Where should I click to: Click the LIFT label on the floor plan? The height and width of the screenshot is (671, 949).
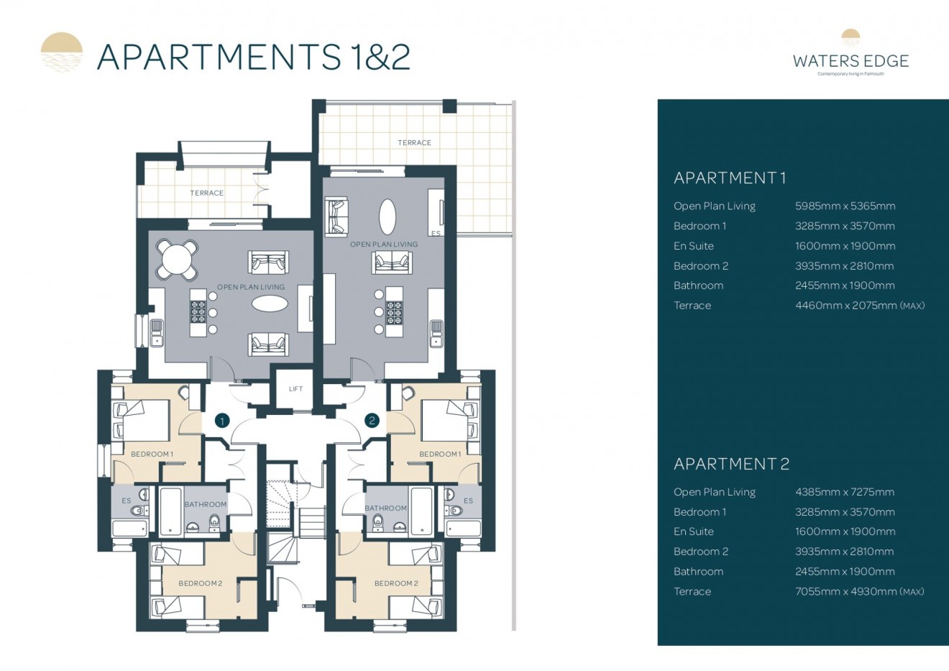[x=295, y=389]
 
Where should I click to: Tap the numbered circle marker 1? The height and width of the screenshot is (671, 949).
[x=222, y=421]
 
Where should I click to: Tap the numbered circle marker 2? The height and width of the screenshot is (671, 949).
[x=372, y=421]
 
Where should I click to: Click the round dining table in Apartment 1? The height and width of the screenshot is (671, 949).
[x=177, y=259]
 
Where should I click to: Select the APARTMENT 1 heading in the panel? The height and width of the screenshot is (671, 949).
[x=730, y=178]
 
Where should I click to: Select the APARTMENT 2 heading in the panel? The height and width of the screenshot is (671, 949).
[x=731, y=465]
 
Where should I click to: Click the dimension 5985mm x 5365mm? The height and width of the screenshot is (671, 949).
[x=845, y=206]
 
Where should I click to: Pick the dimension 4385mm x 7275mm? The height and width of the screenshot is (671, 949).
[x=844, y=493]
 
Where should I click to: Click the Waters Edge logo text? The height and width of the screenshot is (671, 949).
[x=851, y=62]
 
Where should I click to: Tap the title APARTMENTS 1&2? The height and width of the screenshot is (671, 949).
[x=253, y=57]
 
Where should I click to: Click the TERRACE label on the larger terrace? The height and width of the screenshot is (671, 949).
[x=415, y=143]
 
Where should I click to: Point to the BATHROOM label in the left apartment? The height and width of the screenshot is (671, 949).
[x=206, y=505]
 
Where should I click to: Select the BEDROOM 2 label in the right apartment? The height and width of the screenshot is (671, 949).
[x=395, y=583]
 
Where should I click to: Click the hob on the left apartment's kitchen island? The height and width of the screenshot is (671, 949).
[x=198, y=313]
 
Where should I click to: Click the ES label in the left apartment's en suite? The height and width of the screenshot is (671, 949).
[x=127, y=501]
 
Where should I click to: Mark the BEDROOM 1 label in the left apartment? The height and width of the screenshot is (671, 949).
[x=152, y=455]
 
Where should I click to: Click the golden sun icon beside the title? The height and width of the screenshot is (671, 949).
[x=62, y=53]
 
